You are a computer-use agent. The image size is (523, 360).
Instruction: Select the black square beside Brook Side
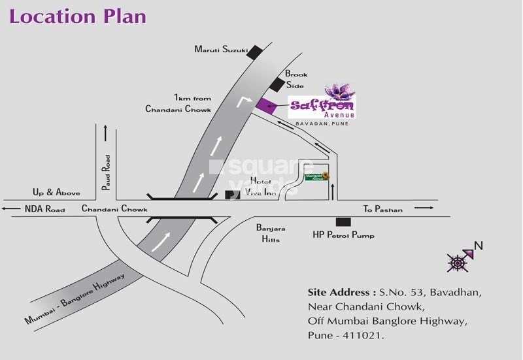278,84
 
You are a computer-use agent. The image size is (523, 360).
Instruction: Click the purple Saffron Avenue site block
267,105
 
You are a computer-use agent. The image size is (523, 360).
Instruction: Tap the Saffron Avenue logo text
323,107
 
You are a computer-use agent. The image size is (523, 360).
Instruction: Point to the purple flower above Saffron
339,91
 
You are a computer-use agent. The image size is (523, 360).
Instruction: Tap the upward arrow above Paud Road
105,132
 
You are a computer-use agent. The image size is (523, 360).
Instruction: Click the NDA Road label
45,209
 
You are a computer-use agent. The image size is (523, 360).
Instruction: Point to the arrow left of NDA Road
10,209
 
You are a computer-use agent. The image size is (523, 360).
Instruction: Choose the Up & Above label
56,193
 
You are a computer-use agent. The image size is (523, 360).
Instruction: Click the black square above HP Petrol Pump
339,222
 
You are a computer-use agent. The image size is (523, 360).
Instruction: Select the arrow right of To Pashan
424,208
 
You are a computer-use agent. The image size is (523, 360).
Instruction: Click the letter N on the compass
478,246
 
